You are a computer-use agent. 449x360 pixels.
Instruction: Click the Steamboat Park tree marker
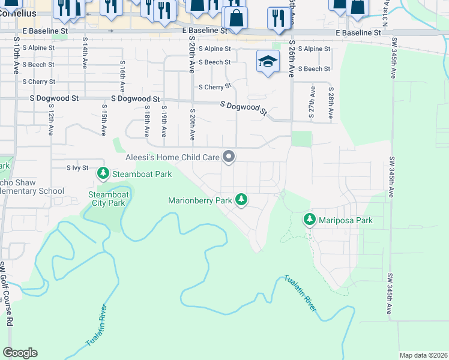click(103, 174)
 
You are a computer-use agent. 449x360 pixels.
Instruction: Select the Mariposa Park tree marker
click(310, 220)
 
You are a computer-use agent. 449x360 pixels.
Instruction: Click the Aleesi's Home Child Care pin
click(229, 157)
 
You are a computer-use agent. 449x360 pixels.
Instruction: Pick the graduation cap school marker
click(268, 61)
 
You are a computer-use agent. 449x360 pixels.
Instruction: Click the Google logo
click(20, 353)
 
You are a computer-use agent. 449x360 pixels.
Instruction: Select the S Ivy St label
click(77, 168)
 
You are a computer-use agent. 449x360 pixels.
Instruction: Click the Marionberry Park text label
click(200, 200)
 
